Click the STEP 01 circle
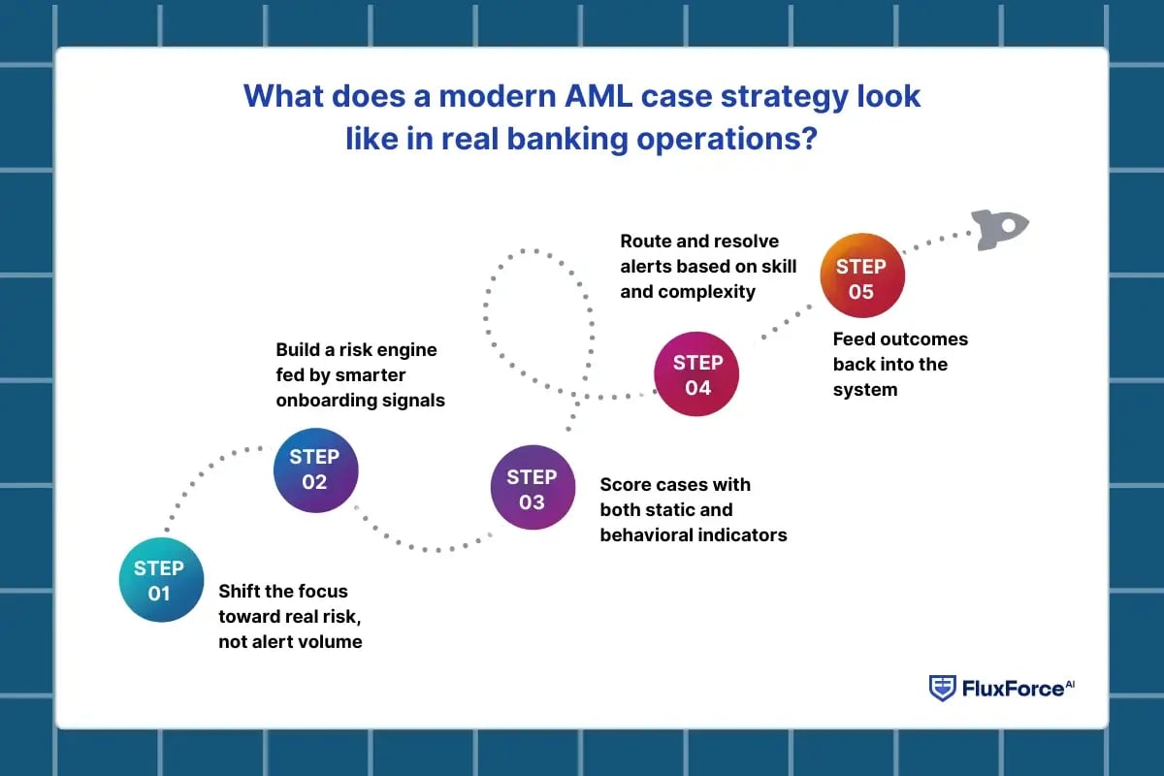point(159,580)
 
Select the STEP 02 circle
point(315,469)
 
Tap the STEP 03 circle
point(533,489)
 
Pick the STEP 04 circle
point(697,374)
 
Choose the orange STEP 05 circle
point(861,278)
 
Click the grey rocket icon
point(1000,229)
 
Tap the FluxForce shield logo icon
point(942,688)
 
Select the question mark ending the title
point(810,138)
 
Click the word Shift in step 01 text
point(241,591)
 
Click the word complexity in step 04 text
point(707,291)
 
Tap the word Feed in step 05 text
point(854,339)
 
